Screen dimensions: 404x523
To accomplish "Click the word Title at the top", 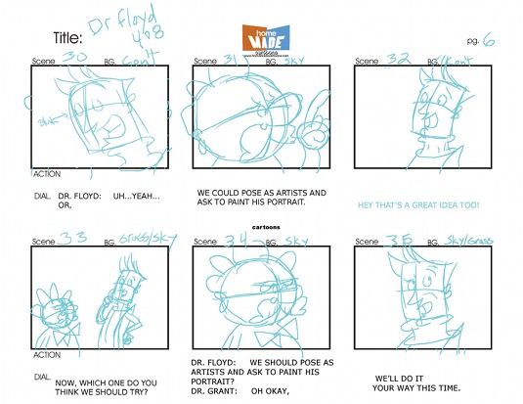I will [67, 38].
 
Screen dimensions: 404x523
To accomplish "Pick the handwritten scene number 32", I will [400, 59].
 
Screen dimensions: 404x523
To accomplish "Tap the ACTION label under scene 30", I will [47, 174].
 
